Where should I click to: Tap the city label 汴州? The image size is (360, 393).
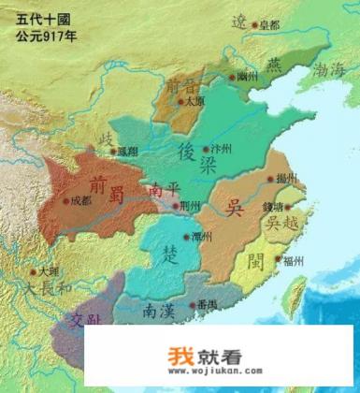click(222, 149)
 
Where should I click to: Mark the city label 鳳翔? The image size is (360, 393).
click(129, 150)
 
